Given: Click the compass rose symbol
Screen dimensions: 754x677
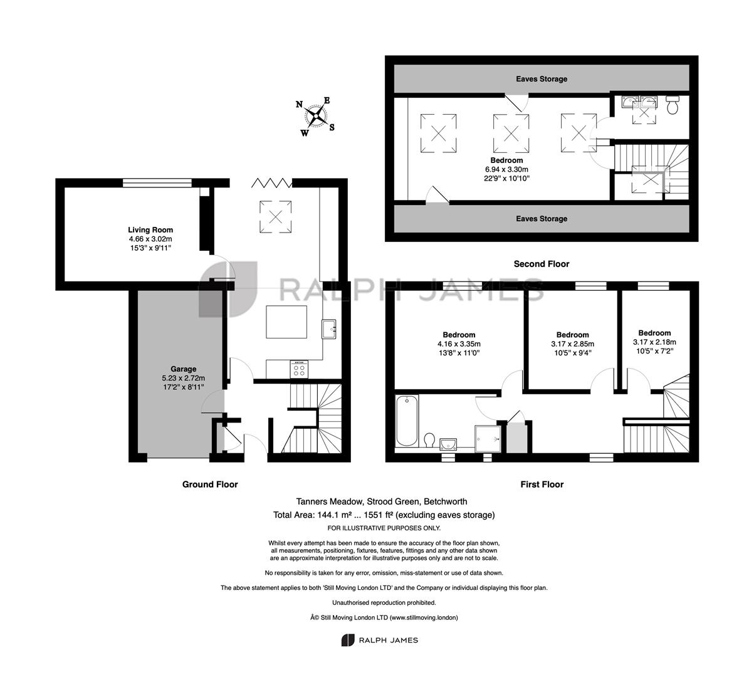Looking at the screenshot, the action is pos(316,116).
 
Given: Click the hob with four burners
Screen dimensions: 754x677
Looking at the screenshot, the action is pos(299,369).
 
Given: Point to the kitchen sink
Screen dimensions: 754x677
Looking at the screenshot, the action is pos(329,329).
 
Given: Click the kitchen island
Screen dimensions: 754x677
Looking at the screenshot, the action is pos(286,322).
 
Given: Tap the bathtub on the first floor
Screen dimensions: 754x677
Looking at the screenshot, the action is pos(406,421).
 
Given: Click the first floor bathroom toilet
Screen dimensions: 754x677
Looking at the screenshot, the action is pos(429,439).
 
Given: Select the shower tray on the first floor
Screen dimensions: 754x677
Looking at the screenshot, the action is pos(488,439).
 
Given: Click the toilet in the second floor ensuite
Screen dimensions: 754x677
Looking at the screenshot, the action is pos(672,105).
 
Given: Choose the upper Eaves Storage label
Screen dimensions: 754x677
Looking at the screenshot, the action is pos(542,79).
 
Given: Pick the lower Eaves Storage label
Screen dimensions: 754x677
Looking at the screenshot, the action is pos(542,219).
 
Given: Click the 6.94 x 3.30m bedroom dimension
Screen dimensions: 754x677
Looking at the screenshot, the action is pos(506,169).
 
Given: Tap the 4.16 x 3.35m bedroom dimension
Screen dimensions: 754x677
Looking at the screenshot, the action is pos(459,344).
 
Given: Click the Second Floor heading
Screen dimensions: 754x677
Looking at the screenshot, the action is pos(542,264).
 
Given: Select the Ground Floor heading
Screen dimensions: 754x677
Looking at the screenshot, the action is pos(210,484).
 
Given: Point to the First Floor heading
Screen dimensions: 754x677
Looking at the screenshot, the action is pos(542,484).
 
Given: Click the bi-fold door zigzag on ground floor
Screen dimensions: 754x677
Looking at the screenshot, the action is pos(271,183).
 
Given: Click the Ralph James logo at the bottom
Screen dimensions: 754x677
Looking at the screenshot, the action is pos(380,640).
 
